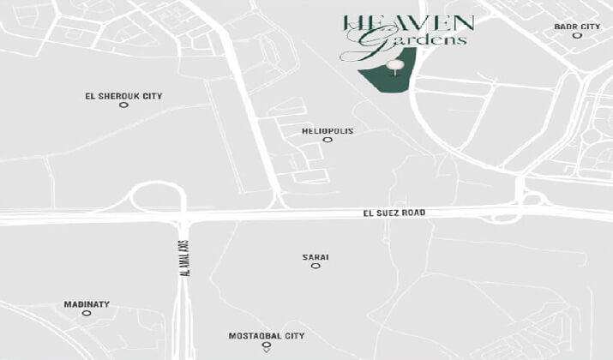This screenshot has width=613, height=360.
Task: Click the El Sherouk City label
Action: click(124, 96)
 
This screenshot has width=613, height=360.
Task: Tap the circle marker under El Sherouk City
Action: click(123, 105)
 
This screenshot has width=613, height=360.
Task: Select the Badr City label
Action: click(577, 27)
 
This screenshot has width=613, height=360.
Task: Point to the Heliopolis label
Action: click(327, 131)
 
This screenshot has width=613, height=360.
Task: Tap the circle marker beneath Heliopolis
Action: click(327, 140)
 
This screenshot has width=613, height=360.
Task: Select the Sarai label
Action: click(316, 257)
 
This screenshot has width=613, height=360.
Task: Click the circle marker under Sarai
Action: click(316, 267)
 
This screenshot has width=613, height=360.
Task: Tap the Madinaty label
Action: click(87, 304)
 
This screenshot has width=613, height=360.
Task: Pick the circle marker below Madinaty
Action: click(87, 314)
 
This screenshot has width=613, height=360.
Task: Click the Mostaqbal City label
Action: click(267, 336)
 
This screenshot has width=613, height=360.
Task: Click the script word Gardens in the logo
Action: click(417, 39)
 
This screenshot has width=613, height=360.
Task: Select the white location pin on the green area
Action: click(394, 65)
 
